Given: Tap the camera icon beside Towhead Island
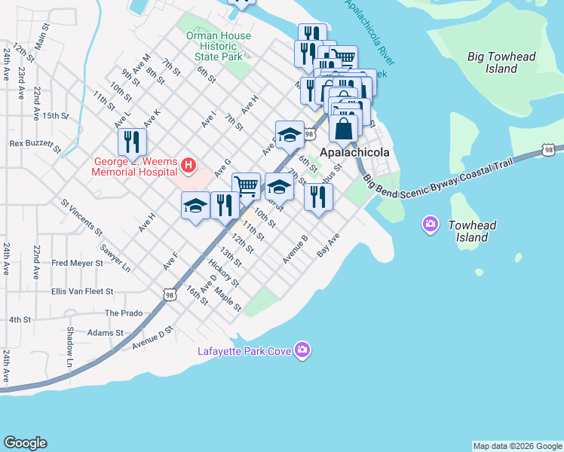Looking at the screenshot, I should [x=431, y=224].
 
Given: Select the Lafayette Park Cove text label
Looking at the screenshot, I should [x=244, y=350].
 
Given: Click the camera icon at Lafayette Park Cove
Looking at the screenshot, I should [x=302, y=350].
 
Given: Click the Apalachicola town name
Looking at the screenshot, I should [x=355, y=152].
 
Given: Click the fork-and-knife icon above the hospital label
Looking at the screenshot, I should [x=132, y=141].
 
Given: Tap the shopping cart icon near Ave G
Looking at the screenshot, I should [x=246, y=185].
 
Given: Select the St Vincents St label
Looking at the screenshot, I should [x=81, y=215].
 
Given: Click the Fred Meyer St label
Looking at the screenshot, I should [x=77, y=263].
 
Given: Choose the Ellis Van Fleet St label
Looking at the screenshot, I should [x=81, y=291].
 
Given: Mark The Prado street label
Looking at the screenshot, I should [x=123, y=313].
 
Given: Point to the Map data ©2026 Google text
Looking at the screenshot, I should [x=517, y=446].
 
